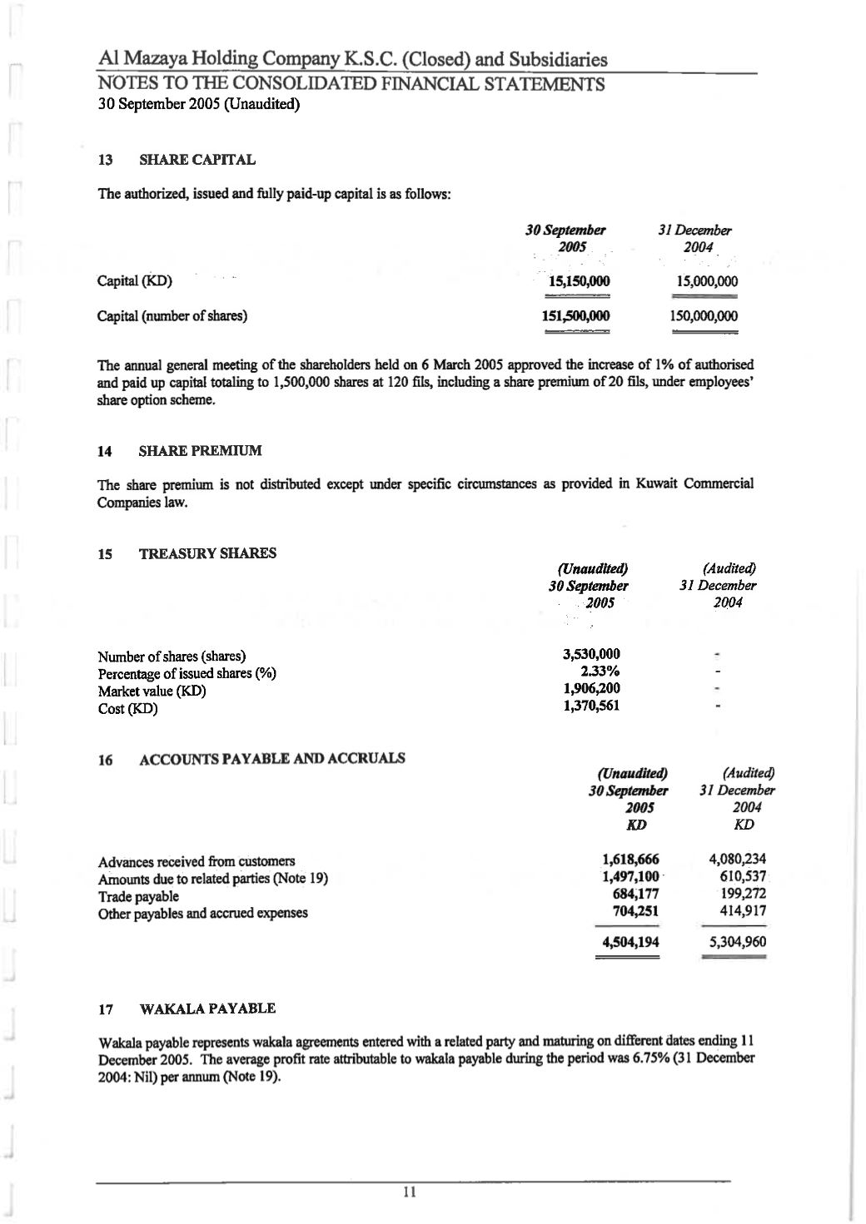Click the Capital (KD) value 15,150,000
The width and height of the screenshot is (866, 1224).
coord(576,281)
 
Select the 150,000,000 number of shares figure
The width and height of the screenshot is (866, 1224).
coord(704,316)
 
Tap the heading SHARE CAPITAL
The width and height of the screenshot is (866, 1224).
coord(197,160)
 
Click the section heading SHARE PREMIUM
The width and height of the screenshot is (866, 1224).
coord(200,451)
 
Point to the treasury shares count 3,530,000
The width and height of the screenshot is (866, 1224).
coord(591,654)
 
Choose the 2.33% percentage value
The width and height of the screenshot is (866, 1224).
coord(600,671)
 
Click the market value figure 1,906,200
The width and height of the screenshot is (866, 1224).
coord(591,689)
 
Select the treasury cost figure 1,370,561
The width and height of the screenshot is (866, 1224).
coord(591,706)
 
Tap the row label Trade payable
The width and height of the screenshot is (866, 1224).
coord(138,896)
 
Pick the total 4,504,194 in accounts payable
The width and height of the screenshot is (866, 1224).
coord(630,943)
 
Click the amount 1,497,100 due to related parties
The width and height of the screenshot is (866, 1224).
coord(630,877)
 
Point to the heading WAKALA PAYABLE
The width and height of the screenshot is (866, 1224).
coord(207,1009)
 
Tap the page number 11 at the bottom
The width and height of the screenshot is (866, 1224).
coord(409,1193)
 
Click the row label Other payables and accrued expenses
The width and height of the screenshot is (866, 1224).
coord(202,913)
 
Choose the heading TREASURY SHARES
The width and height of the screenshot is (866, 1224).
coord(207,553)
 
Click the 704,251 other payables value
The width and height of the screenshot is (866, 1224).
coord(635,911)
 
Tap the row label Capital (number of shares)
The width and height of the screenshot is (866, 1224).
coord(172,316)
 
